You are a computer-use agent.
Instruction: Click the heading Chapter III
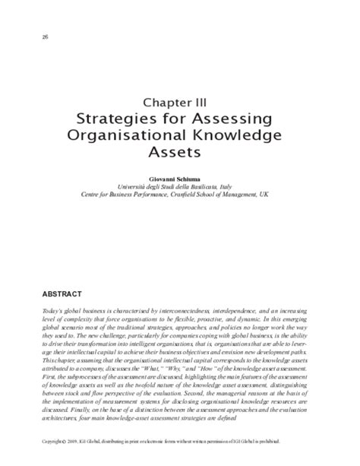[x=179, y=100]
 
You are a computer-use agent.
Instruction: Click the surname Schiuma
[x=196, y=176]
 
